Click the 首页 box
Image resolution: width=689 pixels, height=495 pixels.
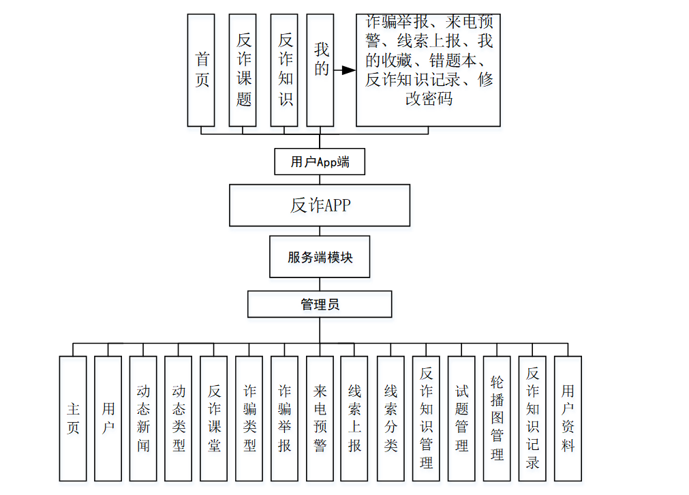click(x=202, y=70)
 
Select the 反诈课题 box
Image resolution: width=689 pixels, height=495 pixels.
click(x=243, y=70)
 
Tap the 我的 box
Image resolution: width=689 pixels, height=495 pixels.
click(x=320, y=70)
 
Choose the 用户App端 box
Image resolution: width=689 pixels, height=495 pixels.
click(x=320, y=162)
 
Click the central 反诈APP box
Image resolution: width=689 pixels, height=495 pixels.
click(x=320, y=205)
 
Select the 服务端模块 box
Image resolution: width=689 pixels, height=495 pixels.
click(x=320, y=258)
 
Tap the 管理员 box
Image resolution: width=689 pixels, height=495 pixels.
click(x=320, y=304)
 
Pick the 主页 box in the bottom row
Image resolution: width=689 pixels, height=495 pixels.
click(x=73, y=418)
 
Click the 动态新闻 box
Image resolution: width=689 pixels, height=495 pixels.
click(x=143, y=418)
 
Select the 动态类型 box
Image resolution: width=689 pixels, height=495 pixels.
click(x=179, y=418)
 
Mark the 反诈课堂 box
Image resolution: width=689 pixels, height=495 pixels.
click(x=214, y=418)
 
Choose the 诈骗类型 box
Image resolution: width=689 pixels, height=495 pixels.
click(x=249, y=418)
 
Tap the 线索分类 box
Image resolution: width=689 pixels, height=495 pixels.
click(x=391, y=418)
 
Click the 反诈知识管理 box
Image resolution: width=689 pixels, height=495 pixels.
click(x=426, y=418)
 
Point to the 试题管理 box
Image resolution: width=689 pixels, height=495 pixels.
click(x=461, y=418)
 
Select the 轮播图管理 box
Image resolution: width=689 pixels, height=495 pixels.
click(x=497, y=418)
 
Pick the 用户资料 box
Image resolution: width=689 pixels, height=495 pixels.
click(x=568, y=418)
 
